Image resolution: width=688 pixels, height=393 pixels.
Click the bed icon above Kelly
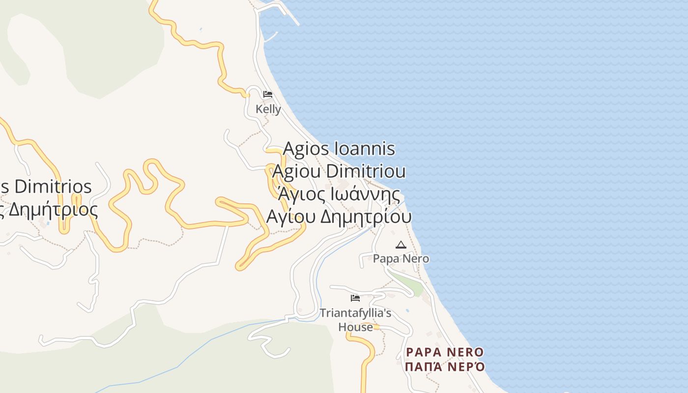point(267,94)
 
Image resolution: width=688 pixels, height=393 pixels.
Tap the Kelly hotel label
point(268,109)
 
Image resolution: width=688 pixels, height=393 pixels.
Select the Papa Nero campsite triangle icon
point(401,245)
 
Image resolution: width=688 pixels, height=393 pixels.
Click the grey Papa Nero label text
point(401,258)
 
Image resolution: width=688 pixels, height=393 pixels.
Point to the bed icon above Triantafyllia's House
point(355,298)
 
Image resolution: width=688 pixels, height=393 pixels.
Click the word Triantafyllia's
point(355,313)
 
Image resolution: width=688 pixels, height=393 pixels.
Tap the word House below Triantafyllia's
point(355,327)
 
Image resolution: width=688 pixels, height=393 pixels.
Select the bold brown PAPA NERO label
point(445,352)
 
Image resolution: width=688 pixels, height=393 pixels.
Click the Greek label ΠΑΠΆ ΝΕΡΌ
point(445,366)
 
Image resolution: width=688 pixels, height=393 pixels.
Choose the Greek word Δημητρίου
point(366,217)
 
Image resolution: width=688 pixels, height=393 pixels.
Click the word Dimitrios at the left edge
point(53,187)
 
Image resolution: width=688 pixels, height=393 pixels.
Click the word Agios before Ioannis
point(306,148)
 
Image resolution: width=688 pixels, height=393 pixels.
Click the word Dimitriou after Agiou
point(366,171)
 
